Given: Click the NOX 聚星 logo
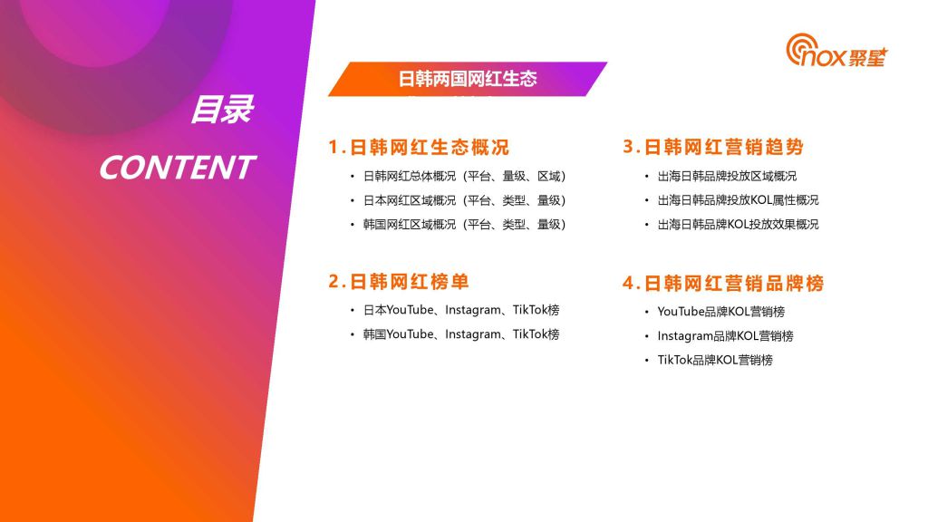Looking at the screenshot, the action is tap(836, 51).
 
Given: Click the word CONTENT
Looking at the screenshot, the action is tap(177, 168).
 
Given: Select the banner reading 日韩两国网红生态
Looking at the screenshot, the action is tap(468, 79).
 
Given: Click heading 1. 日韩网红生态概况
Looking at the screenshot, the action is tap(419, 147).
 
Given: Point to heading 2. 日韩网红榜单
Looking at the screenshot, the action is tap(399, 281).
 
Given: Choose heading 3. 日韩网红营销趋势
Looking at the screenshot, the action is tap(713, 146).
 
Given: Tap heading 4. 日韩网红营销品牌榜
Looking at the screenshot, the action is tap(723, 283).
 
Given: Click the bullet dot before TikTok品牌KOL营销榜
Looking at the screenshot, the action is tap(647, 361).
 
